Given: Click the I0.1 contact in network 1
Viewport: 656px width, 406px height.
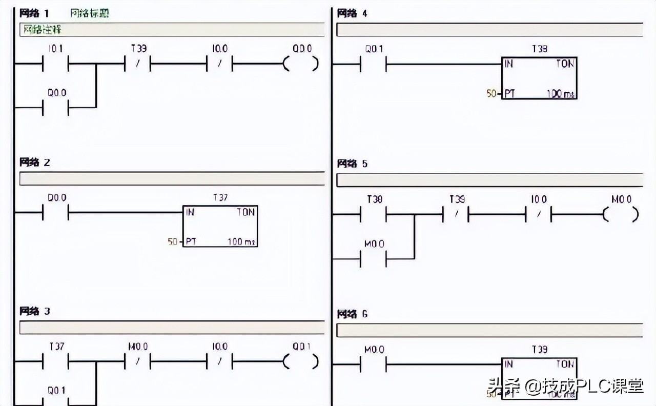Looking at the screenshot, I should [x=55, y=65].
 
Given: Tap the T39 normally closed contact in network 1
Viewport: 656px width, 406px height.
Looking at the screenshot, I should [x=138, y=65].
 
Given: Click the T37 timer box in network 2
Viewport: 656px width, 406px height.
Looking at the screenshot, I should [x=220, y=226].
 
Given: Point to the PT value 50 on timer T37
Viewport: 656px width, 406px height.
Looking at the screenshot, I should [x=172, y=240].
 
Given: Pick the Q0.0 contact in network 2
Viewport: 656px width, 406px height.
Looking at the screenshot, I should [x=55, y=212].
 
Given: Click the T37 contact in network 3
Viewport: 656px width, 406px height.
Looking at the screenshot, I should [x=55, y=361].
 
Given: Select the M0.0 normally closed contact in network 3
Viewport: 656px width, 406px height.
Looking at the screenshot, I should [x=138, y=361].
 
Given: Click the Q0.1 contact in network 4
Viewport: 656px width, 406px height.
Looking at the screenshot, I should [x=374, y=65].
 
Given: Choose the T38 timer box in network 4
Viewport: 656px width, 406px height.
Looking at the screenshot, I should [x=539, y=78].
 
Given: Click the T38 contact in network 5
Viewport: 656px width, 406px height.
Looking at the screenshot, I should [x=374, y=215].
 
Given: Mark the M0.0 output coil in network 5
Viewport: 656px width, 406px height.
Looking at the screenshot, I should [x=621, y=215].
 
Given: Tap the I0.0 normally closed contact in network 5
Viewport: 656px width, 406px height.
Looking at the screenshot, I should [x=538, y=215].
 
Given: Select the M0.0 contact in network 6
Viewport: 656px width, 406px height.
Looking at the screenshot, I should [x=374, y=364].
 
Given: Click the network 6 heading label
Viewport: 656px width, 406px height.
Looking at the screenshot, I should [x=352, y=314].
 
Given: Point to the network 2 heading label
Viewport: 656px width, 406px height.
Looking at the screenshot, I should [x=35, y=163].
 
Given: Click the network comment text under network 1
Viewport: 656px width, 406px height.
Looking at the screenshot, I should [x=41, y=30].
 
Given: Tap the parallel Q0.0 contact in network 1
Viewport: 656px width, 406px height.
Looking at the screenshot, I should [x=55, y=108].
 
